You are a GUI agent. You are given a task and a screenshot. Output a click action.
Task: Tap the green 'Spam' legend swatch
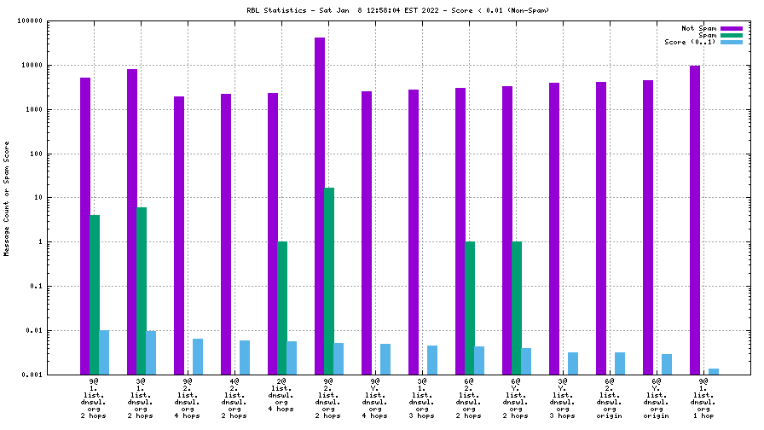(732, 35)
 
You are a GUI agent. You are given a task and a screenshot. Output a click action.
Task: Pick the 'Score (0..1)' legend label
(690, 42)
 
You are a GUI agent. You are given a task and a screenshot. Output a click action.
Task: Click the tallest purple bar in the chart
(320, 205)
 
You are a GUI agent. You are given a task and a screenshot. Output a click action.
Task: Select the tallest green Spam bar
(329, 281)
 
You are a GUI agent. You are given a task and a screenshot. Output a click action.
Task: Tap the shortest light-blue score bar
(714, 371)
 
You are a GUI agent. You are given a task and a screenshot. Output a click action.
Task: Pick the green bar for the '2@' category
(282, 307)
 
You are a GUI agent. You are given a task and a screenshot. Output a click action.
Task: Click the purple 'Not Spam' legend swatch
(732, 28)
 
